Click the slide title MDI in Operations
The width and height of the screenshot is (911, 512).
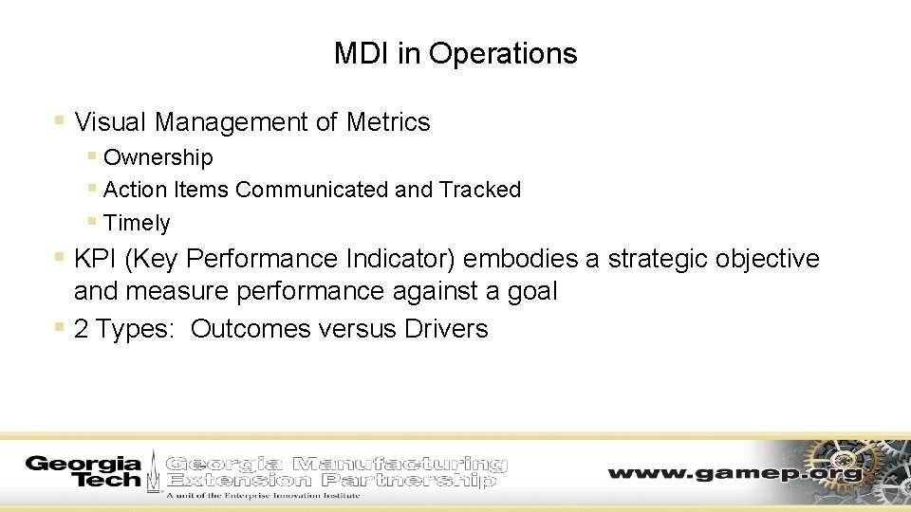[x=455, y=53]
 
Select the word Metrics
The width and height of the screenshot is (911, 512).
[x=388, y=122]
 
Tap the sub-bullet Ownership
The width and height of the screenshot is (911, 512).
[x=158, y=157]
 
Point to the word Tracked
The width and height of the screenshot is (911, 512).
[x=480, y=190]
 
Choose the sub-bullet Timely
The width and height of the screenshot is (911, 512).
[x=137, y=223]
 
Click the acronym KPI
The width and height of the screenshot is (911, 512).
[x=97, y=259]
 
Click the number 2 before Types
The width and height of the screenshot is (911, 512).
[x=81, y=329]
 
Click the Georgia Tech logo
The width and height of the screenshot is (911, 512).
[x=83, y=471]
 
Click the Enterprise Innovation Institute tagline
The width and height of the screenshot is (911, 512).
[x=263, y=495]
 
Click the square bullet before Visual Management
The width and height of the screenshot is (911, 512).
[x=59, y=121]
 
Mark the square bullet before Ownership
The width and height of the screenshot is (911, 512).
[x=91, y=155]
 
